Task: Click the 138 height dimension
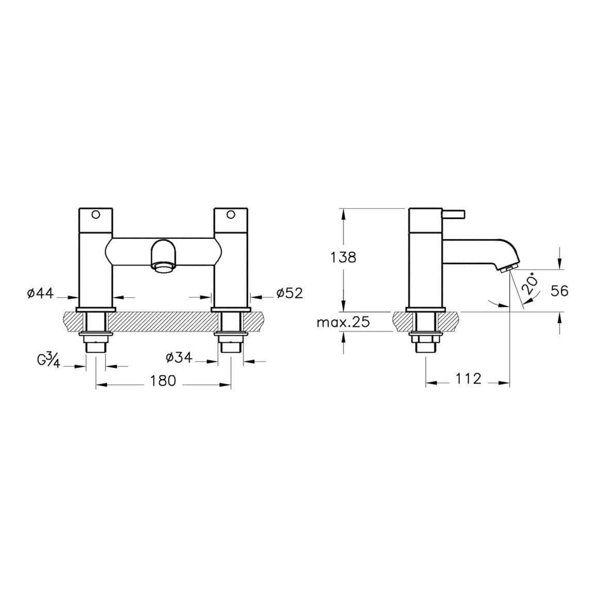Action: click(343, 257)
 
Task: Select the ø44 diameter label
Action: click(40, 293)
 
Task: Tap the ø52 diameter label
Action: click(289, 293)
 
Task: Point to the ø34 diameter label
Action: click(179, 357)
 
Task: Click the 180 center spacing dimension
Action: click(163, 381)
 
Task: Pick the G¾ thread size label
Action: click(49, 360)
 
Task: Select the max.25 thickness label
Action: click(343, 323)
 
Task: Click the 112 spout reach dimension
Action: click(468, 379)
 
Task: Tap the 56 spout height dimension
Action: click(559, 291)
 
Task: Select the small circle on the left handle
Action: click(95, 214)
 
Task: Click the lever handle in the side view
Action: click(454, 213)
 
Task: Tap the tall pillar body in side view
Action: click(425, 258)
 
